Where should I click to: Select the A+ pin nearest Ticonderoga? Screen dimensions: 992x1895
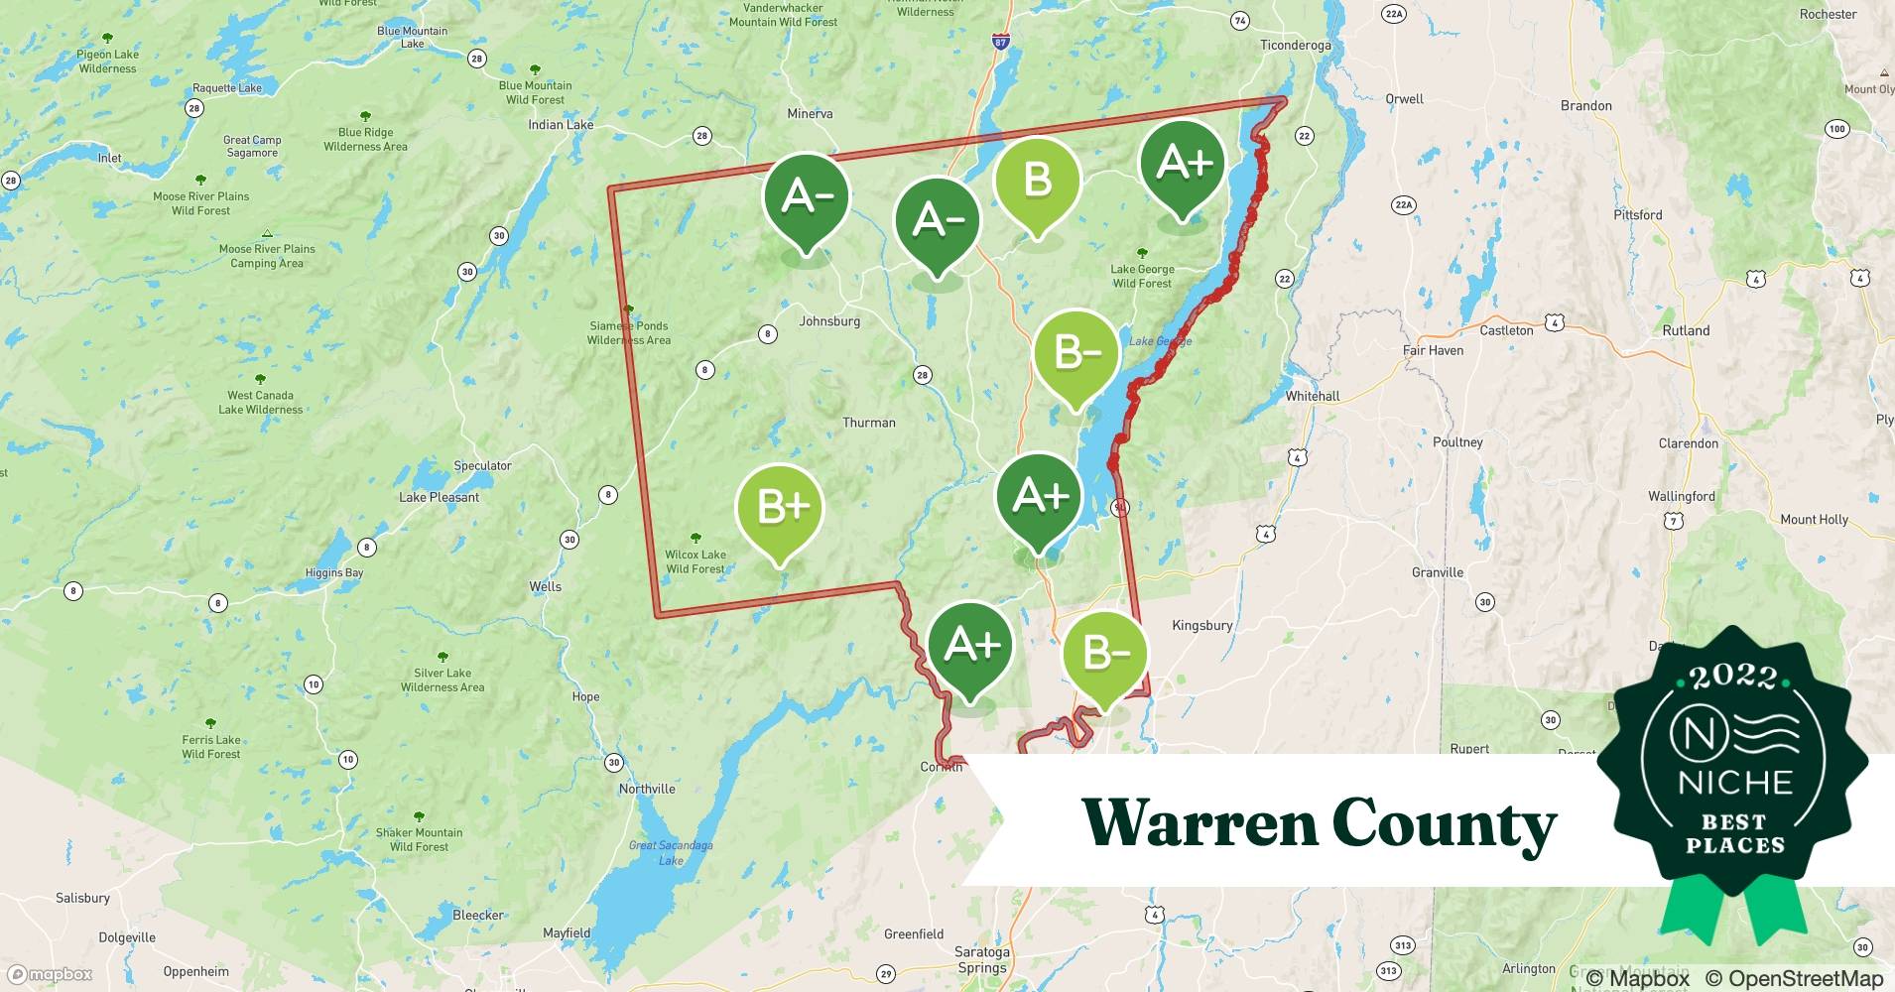[1183, 163]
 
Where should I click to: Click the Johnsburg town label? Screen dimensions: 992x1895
[829, 321]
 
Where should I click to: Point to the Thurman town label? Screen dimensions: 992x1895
[868, 423]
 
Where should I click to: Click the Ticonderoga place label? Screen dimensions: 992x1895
[1295, 45]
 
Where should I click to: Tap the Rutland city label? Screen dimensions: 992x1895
[1686, 330]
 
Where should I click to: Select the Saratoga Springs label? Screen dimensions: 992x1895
[981, 959]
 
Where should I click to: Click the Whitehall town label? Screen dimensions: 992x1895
[1312, 396]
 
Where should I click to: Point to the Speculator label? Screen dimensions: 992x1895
[482, 465]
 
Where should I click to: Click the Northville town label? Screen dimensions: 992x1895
[647, 789]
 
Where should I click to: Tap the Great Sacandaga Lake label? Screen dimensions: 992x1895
[671, 852]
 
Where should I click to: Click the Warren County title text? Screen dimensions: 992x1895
[1319, 822]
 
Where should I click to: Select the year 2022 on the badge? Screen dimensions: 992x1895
[1733, 677]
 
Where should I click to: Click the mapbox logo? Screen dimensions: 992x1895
[50, 974]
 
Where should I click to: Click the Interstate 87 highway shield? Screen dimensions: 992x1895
[999, 42]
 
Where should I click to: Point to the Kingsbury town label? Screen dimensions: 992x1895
[1201, 625]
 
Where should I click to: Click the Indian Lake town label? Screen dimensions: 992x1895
[561, 124]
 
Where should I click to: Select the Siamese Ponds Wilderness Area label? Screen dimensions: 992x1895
[629, 332]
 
